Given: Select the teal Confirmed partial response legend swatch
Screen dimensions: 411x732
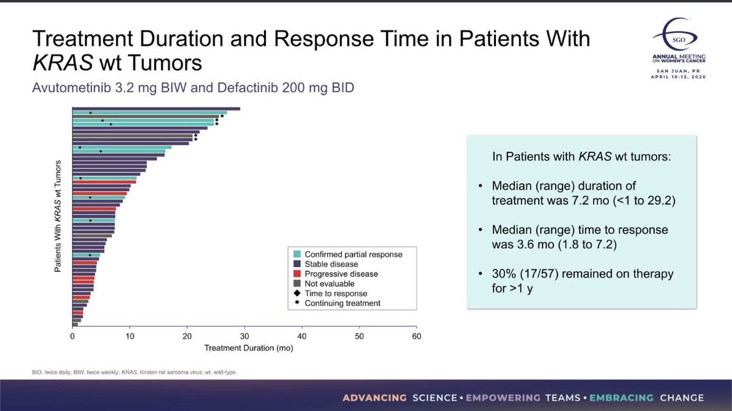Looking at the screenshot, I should (x=297, y=254).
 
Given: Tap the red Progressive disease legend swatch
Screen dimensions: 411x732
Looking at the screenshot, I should (x=297, y=274).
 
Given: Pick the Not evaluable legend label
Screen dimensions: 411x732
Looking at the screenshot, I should (x=329, y=284).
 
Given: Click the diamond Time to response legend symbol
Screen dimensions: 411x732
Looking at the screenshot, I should (x=297, y=293).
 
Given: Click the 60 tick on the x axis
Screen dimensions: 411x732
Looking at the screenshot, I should (x=417, y=336).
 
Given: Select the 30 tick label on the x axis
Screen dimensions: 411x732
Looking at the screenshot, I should (x=245, y=336).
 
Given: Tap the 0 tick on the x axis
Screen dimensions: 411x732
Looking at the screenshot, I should (x=73, y=336).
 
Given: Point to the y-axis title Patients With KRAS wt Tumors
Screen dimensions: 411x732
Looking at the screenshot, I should (x=58, y=217).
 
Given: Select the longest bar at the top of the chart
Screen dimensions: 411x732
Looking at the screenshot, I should (x=156, y=109).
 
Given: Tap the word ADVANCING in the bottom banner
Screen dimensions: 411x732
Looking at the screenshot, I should (x=375, y=398).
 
